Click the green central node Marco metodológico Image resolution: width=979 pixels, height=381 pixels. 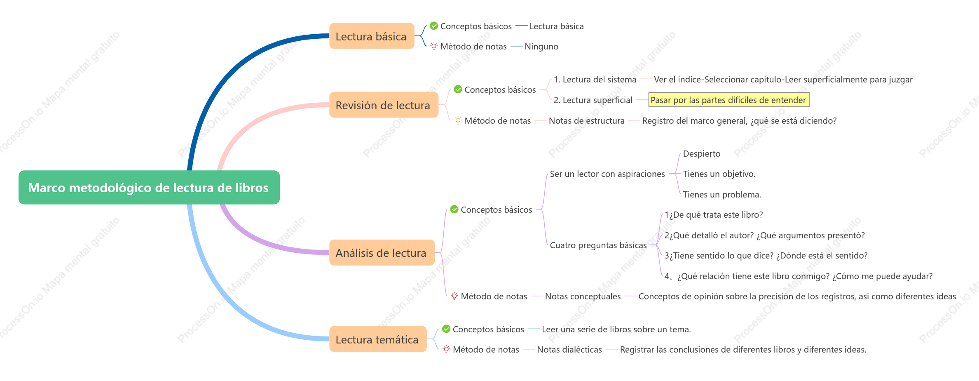[149, 187]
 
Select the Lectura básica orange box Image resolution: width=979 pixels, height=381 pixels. [372, 36]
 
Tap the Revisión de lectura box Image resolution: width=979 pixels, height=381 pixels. [384, 105]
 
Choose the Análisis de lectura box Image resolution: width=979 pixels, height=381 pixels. [382, 252]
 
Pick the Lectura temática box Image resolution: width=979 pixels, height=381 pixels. [378, 339]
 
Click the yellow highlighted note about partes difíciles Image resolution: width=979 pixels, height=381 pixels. [729, 100]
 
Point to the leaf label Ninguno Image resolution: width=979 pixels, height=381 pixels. [541, 47]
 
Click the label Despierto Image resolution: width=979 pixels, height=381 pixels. [702, 154]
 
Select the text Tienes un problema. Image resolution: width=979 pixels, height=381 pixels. [722, 195]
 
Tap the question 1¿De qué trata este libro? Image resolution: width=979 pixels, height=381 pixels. [714, 215]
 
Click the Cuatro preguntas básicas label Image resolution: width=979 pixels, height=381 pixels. [598, 245]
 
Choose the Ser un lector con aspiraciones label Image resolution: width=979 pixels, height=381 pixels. [607, 174]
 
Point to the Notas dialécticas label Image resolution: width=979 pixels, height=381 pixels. [569, 350]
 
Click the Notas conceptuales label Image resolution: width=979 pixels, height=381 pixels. [583, 296]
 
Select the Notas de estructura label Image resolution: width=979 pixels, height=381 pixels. [587, 121]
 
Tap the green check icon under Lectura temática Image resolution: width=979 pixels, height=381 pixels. [446, 329]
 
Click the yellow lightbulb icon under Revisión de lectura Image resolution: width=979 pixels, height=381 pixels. [458, 120]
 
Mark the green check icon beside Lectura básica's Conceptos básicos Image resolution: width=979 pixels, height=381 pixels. [434, 26]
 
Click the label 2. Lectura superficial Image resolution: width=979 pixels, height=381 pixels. [593, 100]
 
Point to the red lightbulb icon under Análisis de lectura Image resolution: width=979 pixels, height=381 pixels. [454, 296]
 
